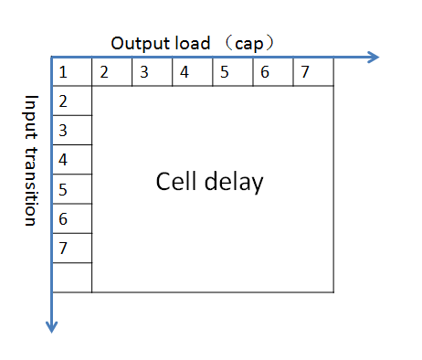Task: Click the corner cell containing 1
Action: pyautogui.click(x=72, y=72)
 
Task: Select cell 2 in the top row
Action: pyautogui.click(x=112, y=72)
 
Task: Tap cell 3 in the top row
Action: pyautogui.click(x=153, y=72)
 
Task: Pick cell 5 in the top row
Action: pyautogui.click(x=233, y=72)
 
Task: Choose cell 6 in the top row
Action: pyautogui.click(x=273, y=72)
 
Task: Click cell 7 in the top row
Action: pyautogui.click(x=313, y=72)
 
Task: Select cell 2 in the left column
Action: pyautogui.click(x=72, y=101)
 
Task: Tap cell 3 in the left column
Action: pyautogui.click(x=72, y=131)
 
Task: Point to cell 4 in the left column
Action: pyautogui.click(x=72, y=160)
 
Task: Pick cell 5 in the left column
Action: pyautogui.click(x=72, y=189)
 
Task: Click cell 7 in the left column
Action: pyautogui.click(x=72, y=248)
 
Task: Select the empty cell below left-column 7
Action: pyautogui.click(x=72, y=277)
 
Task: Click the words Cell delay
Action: pyautogui.click(x=209, y=182)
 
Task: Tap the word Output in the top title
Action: pyautogui.click(x=138, y=43)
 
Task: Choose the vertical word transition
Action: pyautogui.click(x=30, y=185)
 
